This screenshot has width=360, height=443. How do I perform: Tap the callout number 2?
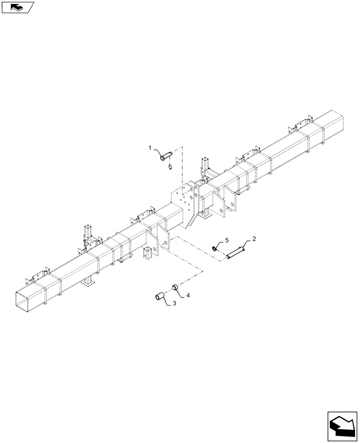point(254,240)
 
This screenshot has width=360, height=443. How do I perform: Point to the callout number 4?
point(188,295)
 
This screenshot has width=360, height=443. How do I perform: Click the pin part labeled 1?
point(165,155)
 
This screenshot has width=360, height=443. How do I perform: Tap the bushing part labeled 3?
point(160,295)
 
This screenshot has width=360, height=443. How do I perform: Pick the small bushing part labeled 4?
point(175,287)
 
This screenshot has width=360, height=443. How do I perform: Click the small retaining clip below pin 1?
point(170,167)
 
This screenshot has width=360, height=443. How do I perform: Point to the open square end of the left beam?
point(29,301)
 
